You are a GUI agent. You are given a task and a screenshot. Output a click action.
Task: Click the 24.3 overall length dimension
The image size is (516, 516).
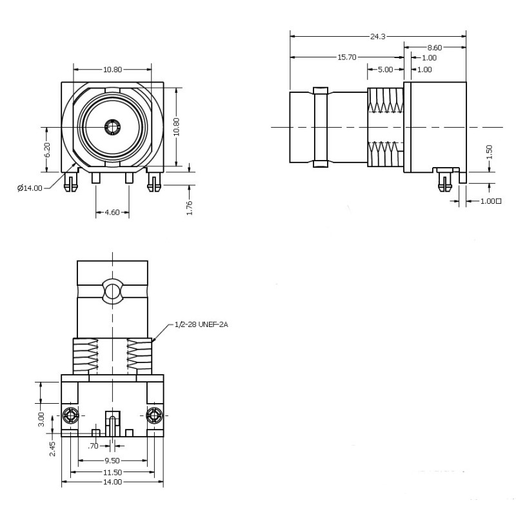tap(378, 37)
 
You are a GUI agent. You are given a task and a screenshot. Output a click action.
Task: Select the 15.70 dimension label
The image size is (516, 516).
tap(347, 57)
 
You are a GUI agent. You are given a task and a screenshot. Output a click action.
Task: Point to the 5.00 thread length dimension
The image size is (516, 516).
tap(385, 69)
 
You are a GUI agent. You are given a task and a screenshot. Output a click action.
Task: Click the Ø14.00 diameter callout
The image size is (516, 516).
tap(30, 188)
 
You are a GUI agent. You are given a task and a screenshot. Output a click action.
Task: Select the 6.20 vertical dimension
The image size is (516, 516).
tap(47, 150)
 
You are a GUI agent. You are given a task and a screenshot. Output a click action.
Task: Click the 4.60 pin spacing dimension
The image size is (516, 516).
tap(112, 212)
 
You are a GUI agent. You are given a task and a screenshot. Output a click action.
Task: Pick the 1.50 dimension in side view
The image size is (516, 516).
tap(489, 152)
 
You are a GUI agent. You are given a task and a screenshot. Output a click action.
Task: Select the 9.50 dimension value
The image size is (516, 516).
tap(113, 461)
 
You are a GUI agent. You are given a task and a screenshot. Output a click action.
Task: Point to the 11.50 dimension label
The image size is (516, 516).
tap(113, 471)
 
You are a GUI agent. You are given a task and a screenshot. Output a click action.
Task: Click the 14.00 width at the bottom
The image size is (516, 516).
tap(113, 482)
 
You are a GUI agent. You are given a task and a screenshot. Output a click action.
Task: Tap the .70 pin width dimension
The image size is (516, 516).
tap(95, 445)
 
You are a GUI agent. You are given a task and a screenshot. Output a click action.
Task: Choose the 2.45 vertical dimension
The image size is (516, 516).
tap(52, 448)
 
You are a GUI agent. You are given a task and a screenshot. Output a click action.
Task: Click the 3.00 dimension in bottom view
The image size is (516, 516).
tap(41, 419)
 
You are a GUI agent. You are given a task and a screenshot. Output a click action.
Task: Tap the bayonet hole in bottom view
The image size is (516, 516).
tap(113, 291)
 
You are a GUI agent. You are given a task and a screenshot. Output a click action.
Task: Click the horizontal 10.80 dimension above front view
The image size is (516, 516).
tap(113, 69)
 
